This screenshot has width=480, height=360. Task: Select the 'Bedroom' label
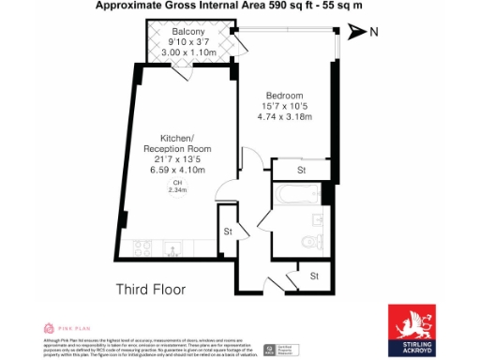click(x=284, y=97)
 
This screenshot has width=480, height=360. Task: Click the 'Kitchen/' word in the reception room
click(x=176, y=139)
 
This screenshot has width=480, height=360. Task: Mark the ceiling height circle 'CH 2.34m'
click(x=177, y=187)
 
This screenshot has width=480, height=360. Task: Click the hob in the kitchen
click(x=142, y=248)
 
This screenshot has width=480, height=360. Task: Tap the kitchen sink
click(x=172, y=249)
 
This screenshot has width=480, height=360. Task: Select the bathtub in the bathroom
click(x=298, y=195)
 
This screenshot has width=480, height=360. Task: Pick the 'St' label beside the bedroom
click(x=302, y=172)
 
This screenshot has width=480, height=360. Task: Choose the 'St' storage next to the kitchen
click(x=228, y=232)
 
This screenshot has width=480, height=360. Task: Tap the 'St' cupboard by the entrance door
click(x=314, y=276)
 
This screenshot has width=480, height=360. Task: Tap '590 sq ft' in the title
click(x=292, y=6)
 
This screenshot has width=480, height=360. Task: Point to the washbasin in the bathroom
click(x=283, y=224)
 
